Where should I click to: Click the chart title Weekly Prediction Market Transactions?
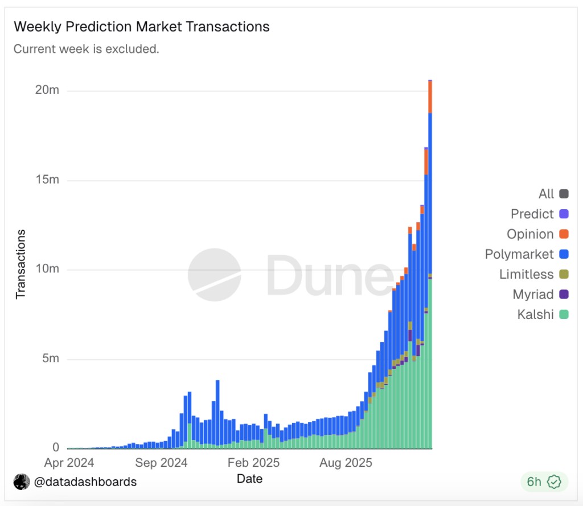(141, 27)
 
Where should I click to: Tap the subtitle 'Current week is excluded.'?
(86, 49)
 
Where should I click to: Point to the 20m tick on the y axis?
(47, 90)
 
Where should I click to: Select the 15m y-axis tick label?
(47, 180)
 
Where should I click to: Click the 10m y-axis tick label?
(47, 269)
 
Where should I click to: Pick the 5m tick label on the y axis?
(49, 359)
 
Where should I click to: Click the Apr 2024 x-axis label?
(69, 463)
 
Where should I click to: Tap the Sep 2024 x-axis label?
(161, 463)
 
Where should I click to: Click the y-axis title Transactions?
(21, 264)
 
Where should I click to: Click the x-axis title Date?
(249, 479)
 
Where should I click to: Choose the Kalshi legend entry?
(543, 314)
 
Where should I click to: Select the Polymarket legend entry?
(527, 254)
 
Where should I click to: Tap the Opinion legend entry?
(537, 234)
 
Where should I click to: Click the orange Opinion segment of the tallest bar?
(430, 97)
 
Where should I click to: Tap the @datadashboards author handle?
(85, 482)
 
